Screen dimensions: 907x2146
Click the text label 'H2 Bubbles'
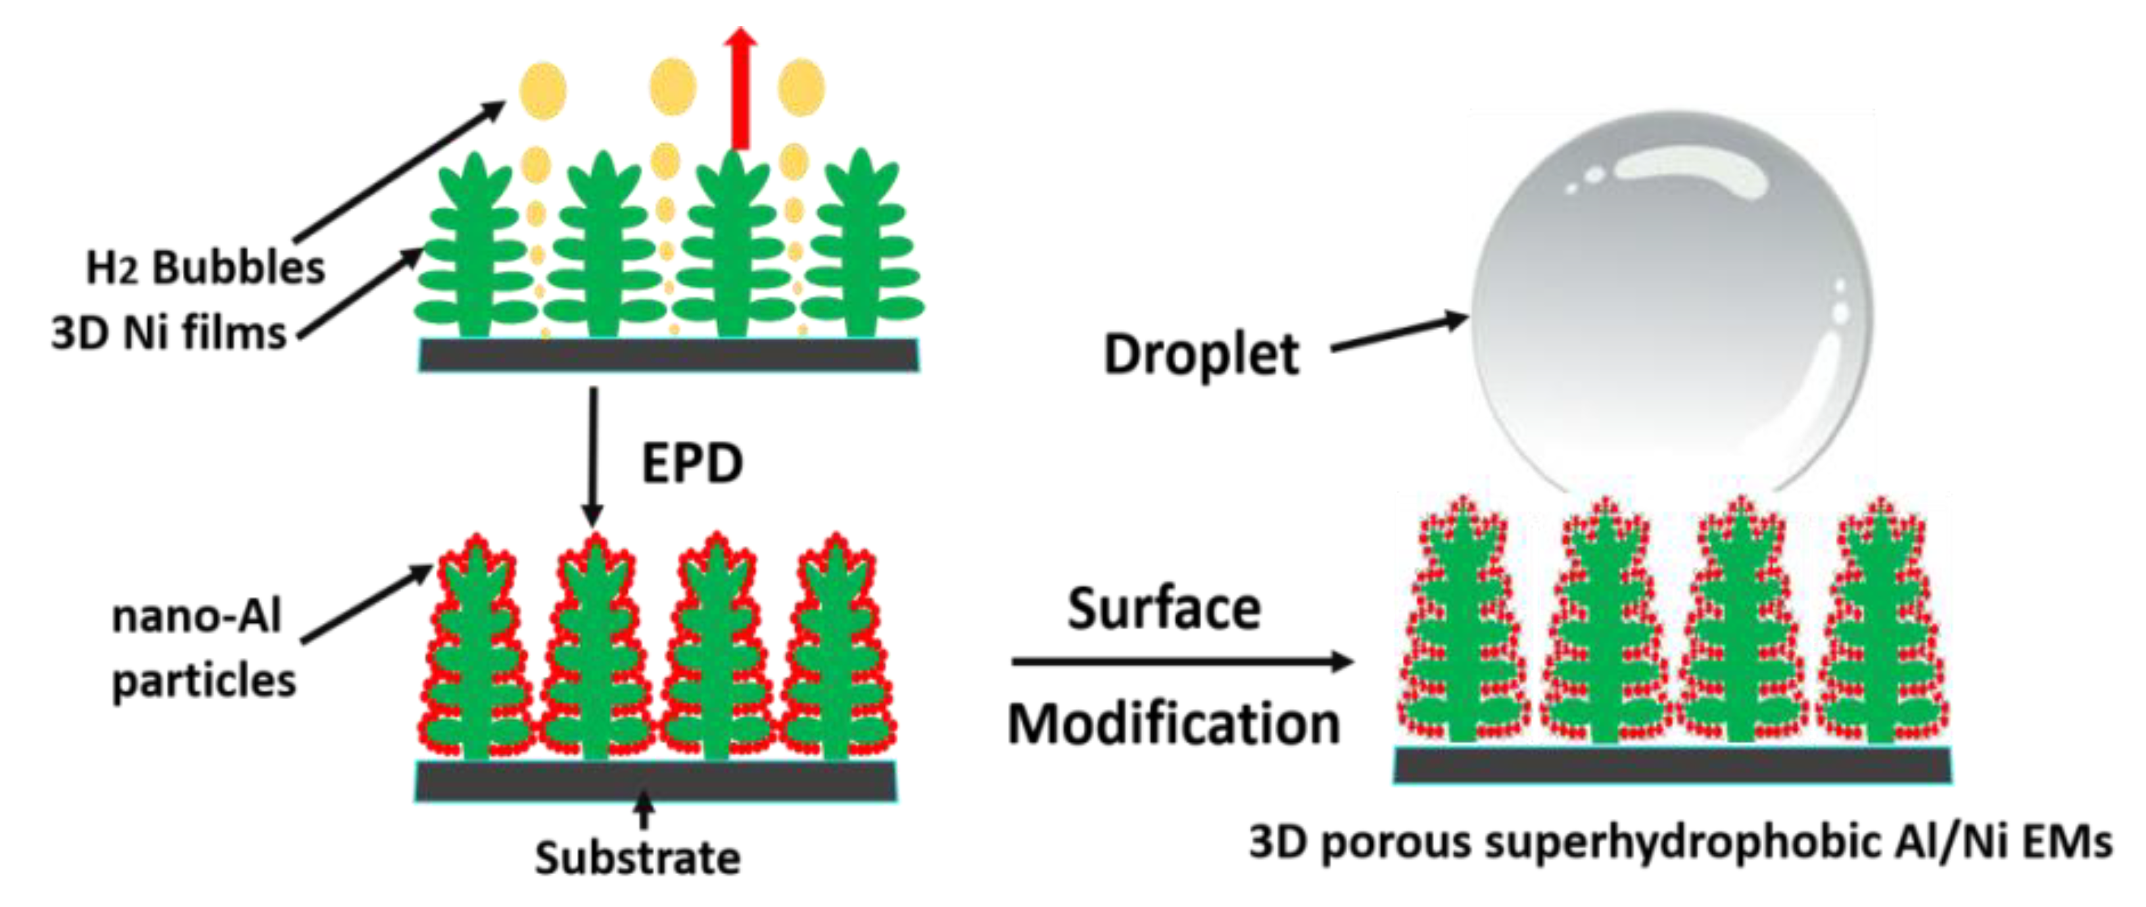pos(205,268)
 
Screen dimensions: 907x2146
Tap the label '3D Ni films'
pos(169,333)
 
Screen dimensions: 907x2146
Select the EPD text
pos(692,464)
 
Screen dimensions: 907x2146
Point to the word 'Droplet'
pos(1201,355)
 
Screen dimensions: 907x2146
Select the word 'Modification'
pos(1174,723)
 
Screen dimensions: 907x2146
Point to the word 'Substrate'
pos(637,858)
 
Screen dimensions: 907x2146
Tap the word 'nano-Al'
pos(197,617)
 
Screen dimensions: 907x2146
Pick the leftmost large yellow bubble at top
pos(543,90)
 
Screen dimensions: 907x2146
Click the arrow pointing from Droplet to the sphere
pos(1400,333)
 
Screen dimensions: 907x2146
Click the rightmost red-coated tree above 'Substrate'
pos(836,650)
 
